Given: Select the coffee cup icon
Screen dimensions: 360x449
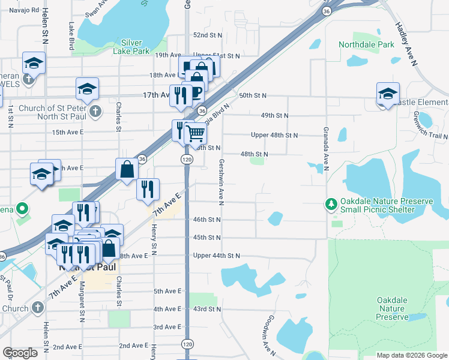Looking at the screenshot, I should pyautogui.click(x=196, y=92).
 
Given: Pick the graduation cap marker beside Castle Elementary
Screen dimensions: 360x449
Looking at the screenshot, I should pyautogui.click(x=388, y=94).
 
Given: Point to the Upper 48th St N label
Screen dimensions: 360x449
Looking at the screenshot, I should pyautogui.click(x=274, y=135).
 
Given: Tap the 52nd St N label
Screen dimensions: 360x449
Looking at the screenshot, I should pyautogui.click(x=208, y=35).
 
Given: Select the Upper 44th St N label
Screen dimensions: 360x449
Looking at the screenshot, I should pyautogui.click(x=217, y=256).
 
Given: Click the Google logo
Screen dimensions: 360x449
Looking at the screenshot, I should pyautogui.click(x=20, y=352).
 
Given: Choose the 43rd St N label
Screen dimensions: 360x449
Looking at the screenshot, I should pyautogui.click(x=208, y=309).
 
